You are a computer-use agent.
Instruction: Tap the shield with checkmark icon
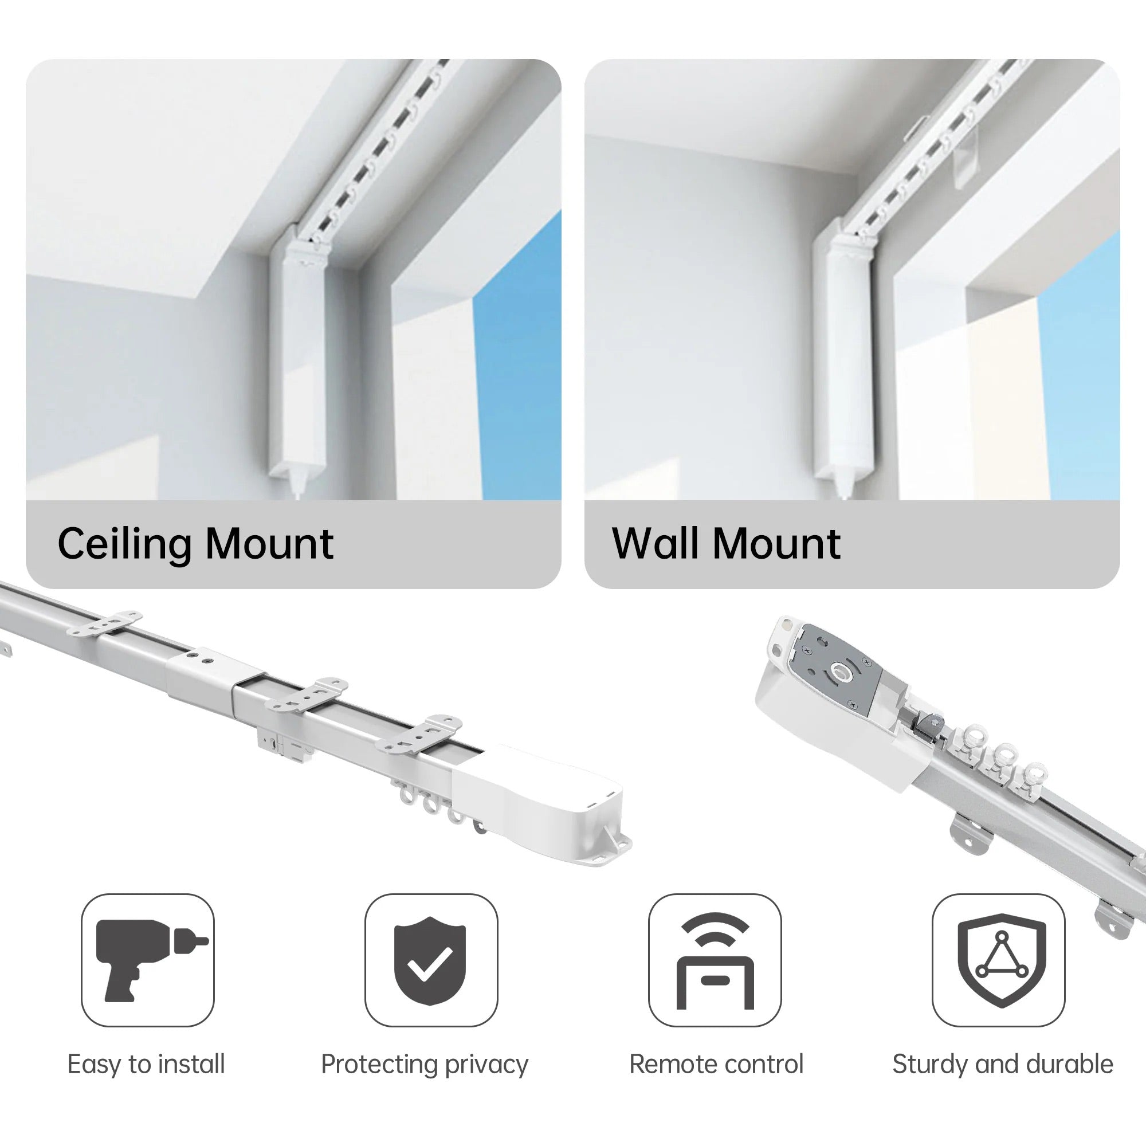pos(431,960)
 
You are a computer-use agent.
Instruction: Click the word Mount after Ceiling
pos(270,544)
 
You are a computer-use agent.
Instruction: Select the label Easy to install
pos(147,1064)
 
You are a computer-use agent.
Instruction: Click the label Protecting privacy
pos(425,1065)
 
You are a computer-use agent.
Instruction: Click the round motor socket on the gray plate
pos(841,672)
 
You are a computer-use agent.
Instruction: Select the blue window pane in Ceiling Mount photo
pos(517,356)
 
